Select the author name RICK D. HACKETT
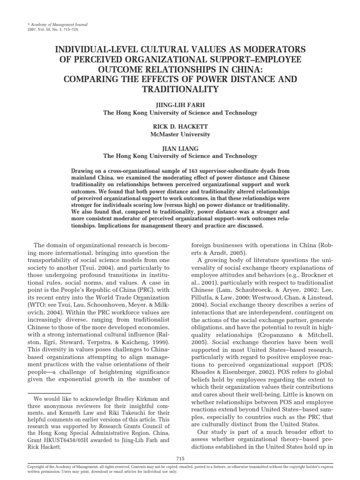click(x=180, y=127)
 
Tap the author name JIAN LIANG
click(x=180, y=149)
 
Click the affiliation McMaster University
click(x=180, y=135)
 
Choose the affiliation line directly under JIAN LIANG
click(x=180, y=156)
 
